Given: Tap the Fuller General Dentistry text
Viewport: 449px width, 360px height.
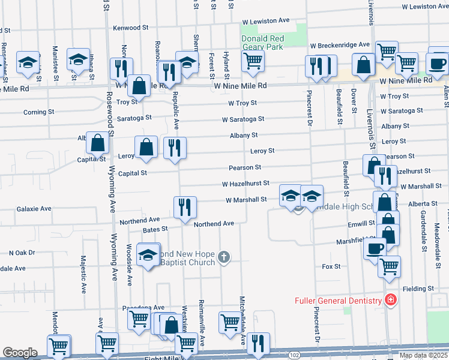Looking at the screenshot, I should pos(338,301).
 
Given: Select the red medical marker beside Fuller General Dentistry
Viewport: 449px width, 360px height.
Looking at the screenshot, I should pos(391,299).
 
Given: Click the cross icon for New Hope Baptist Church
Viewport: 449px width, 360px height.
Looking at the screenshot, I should pos(224,257).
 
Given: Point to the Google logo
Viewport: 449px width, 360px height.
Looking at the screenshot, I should pos(20,353).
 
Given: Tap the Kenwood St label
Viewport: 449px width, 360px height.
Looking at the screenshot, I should pos(130,28).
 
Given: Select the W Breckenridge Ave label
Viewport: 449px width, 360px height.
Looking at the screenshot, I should pos(340,45).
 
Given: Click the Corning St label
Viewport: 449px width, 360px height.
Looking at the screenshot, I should pos(35,112).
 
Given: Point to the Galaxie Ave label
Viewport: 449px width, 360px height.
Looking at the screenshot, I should pos(34,209).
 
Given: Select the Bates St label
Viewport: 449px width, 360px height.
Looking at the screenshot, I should pos(155,229).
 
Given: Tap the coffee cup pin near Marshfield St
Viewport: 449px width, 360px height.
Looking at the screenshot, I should pos(375,248).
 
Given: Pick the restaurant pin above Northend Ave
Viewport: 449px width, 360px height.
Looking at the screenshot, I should pos(185,207).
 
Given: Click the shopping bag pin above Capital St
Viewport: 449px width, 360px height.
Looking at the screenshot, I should pos(97,143).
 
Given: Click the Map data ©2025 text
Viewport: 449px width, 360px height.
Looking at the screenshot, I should pos(423,355).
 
